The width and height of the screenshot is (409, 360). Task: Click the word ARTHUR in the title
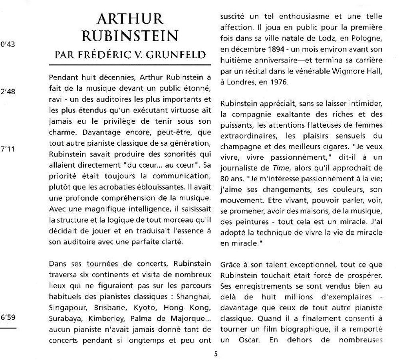coord(130,18)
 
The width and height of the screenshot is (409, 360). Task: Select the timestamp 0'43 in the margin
coord(8,44)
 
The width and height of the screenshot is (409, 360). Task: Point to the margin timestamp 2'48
coord(8,91)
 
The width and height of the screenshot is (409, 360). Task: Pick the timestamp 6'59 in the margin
coord(8,318)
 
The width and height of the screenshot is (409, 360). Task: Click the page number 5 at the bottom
coord(216,353)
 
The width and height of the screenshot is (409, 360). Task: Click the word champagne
coord(238,146)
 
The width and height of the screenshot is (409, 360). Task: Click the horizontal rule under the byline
coord(130,65)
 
